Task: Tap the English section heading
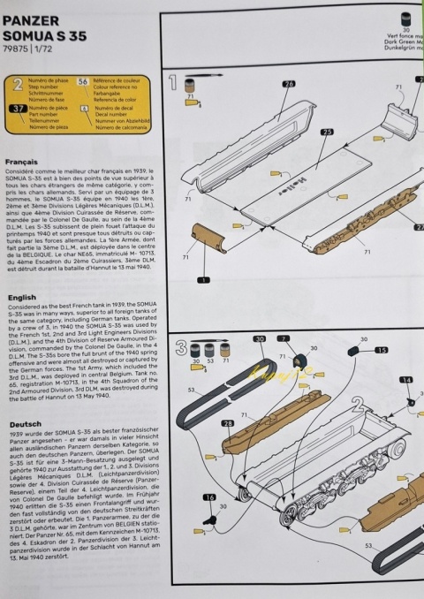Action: pos(22,299)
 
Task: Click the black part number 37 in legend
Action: pos(18,109)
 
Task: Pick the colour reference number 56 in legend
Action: pos(83,80)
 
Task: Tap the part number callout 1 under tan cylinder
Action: pos(202,280)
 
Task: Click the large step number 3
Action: pos(180,346)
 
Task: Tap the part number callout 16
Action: pos(209,497)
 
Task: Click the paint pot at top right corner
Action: pos(405,17)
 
